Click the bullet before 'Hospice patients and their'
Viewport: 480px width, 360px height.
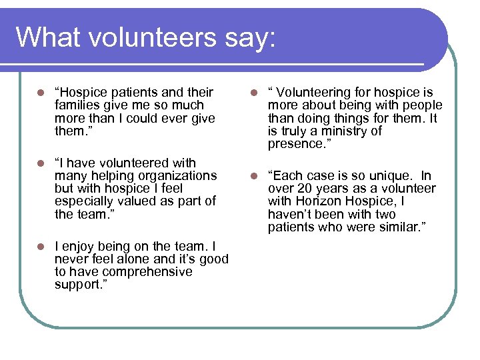(x=41, y=93)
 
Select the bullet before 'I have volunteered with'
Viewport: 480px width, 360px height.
(x=41, y=163)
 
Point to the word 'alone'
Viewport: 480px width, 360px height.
(x=133, y=259)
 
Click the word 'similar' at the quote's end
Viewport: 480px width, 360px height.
(x=401, y=227)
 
